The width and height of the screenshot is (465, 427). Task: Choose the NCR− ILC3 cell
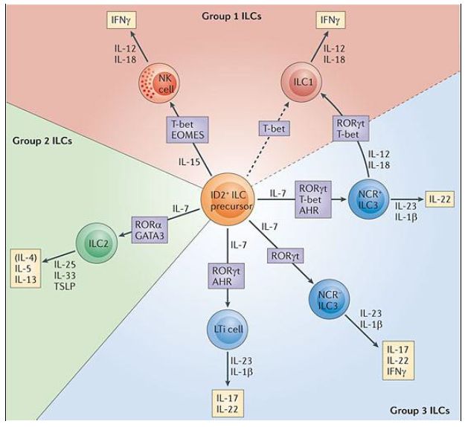327,301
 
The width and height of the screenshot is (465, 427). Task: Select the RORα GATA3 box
155,225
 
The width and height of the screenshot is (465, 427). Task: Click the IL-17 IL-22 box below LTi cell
228,401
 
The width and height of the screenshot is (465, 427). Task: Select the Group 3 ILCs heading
420,410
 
